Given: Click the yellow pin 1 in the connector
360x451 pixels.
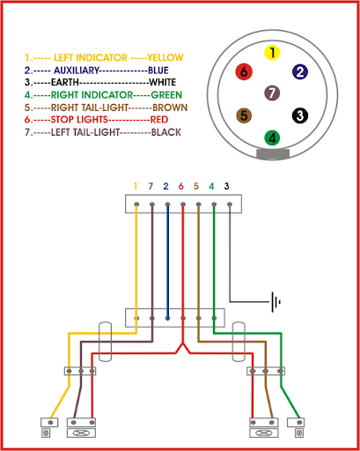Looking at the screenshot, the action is coord(272,53).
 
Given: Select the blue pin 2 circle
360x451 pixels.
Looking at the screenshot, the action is coord(300,72).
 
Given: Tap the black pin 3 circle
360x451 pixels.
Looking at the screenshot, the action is coord(300,115).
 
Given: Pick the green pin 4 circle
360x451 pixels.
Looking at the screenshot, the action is coord(272,137).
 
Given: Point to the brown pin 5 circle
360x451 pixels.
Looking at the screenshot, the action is coord(244,115).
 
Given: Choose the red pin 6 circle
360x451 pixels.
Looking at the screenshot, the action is coord(244,71).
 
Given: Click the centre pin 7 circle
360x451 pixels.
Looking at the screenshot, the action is coord(272,93).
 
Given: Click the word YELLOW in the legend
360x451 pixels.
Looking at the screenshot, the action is coord(165,57).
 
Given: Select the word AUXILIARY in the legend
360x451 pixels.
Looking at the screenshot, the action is coord(77,70).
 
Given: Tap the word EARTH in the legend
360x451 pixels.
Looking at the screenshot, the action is coord(65,82).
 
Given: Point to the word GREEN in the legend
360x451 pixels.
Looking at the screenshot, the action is coord(166,95).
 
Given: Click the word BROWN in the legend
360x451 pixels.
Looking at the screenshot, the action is coord(170,107).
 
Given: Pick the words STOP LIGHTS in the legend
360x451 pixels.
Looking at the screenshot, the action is coord(79,120).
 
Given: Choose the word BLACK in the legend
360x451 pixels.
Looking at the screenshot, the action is coord(166,132).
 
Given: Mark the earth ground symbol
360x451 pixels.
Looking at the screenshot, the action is coord(276,302).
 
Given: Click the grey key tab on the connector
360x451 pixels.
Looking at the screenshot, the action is coord(273,154).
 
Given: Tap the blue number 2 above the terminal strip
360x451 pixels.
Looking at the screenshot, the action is coord(165,186).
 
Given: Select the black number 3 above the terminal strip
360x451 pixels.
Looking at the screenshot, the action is coord(226,186).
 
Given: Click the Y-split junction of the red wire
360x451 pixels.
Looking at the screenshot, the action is coord(183,344).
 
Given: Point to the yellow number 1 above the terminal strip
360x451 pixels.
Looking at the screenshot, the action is coord(136,186).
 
